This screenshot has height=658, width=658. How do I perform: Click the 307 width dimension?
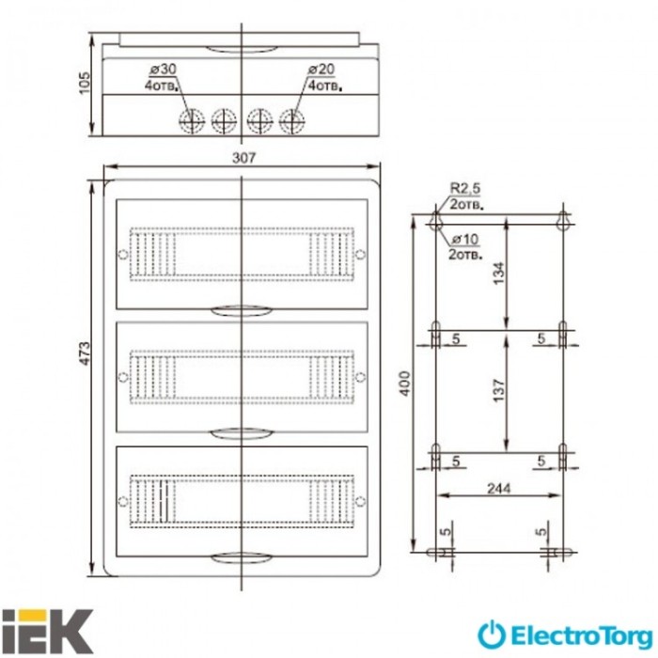pos(243,158)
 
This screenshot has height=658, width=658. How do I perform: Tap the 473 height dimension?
pos(85,353)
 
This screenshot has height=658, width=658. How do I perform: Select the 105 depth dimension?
pos(85,83)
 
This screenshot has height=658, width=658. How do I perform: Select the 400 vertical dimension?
pos(404,384)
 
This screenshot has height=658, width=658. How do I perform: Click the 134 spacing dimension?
pos(498,274)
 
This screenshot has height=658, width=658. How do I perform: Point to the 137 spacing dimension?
pos(498,391)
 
